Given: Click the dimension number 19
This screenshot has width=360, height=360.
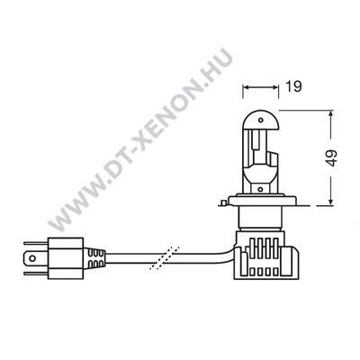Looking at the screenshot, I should pos(292,87).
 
